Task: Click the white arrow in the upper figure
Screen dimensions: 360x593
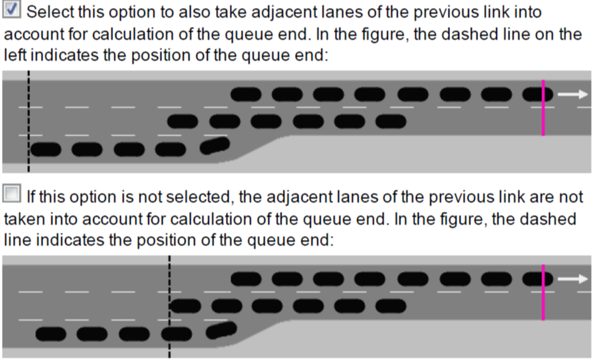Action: tap(573, 94)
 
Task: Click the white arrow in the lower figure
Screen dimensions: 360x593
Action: tap(573, 279)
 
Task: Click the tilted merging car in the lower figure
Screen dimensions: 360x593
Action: tap(221, 330)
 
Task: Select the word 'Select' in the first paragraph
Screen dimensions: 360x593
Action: tap(51, 12)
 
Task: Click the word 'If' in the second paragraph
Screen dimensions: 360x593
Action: tap(32, 195)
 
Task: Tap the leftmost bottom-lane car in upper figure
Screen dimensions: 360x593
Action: tap(47, 149)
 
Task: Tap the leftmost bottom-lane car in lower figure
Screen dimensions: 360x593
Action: tap(51, 334)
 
